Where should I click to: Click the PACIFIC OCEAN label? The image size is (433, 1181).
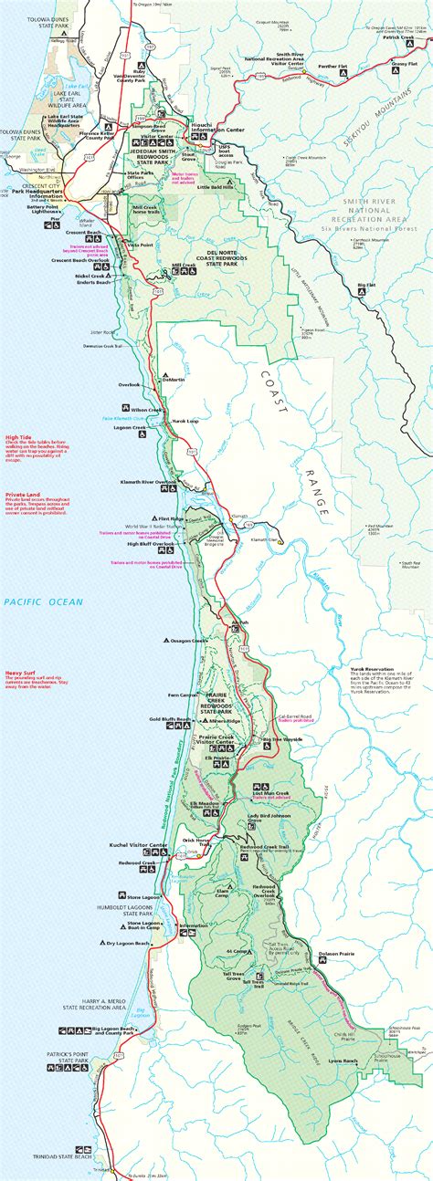pos(42,601)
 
